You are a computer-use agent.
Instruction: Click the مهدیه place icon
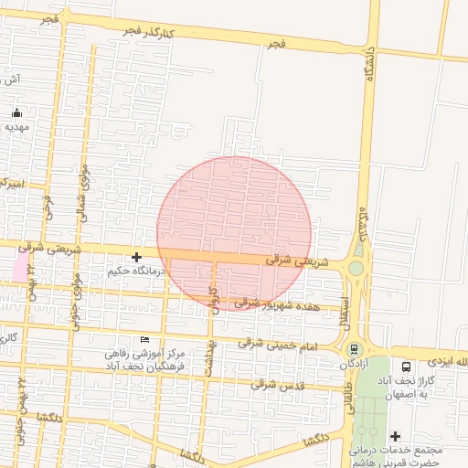coord(17,113)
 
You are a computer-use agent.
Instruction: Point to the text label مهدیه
coord(17,127)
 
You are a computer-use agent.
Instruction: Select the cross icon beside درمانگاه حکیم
coord(136,258)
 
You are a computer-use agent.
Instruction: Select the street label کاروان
coord(217,300)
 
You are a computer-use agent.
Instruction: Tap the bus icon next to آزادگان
coord(354,349)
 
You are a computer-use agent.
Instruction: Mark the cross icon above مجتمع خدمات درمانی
coord(395,436)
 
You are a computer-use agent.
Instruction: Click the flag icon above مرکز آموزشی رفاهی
coord(144,340)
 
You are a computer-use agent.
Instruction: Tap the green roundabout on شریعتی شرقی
coord(356,268)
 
